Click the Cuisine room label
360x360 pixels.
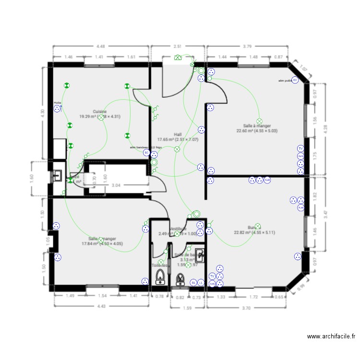(100, 111)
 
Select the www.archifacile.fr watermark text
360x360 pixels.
(331, 337)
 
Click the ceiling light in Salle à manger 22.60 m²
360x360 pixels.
(259, 121)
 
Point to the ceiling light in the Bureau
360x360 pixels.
(258, 226)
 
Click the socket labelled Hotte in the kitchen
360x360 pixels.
(58, 108)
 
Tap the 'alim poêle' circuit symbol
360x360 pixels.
(295, 80)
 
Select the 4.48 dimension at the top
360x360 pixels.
(100, 47)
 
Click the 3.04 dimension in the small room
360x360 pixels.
(116, 185)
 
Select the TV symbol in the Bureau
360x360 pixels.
(212, 276)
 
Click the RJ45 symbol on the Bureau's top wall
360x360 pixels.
(267, 180)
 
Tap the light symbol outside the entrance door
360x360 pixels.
(178, 57)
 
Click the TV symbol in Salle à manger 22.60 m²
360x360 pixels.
(300, 149)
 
